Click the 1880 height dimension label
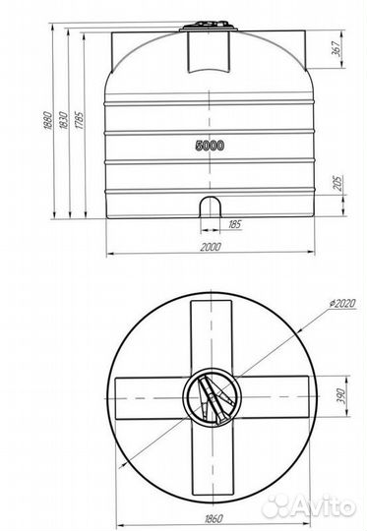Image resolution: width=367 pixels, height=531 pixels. click(x=47, y=120)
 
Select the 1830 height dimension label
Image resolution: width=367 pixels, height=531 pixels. click(x=63, y=120)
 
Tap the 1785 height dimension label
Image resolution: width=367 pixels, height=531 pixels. click(x=79, y=120)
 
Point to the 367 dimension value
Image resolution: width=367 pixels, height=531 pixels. click(x=336, y=48)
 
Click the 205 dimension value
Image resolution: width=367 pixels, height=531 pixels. click(x=338, y=183)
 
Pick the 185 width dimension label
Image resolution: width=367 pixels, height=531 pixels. click(x=234, y=224)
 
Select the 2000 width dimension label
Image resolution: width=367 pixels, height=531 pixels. click(x=211, y=247)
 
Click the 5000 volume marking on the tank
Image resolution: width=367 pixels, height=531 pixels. click(x=210, y=146)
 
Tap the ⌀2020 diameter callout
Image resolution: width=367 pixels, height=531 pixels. click(x=343, y=303)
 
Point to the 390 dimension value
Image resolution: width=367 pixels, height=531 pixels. click(x=341, y=396)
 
